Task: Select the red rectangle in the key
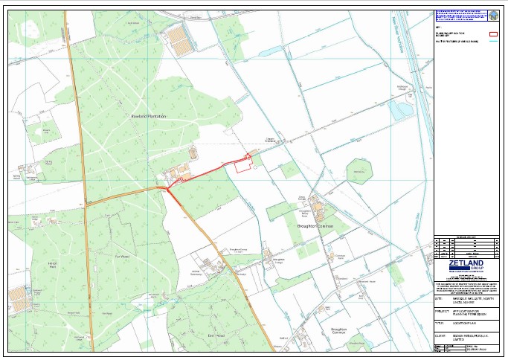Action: (492, 34)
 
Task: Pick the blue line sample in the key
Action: (492, 42)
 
